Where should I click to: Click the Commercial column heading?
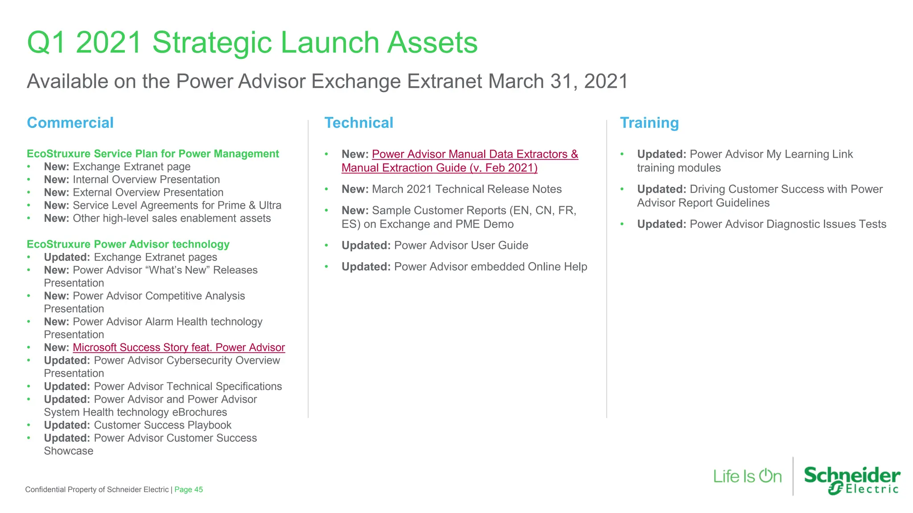point(70,123)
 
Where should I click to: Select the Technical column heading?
point(358,123)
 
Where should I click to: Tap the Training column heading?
point(649,123)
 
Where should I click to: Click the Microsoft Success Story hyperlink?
point(178,347)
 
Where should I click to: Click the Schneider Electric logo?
point(852,480)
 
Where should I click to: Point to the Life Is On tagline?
point(747,476)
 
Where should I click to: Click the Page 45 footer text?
point(189,489)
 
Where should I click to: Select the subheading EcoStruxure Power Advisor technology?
point(128,244)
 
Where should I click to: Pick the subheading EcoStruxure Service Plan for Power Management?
point(152,154)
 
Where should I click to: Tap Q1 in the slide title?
point(46,43)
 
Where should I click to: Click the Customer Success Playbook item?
point(162,425)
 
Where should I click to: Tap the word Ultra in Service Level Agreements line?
point(270,205)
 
